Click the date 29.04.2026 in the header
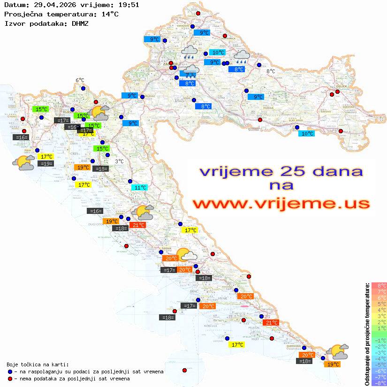tap(50, 5)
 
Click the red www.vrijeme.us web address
tap(281, 204)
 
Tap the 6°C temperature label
tap(80, 80)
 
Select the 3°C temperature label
tap(119, 161)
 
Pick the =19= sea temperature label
tap(46, 164)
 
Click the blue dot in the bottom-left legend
tap(10, 372)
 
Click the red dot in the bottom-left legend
tap(10, 379)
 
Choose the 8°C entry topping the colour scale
tap(379, 285)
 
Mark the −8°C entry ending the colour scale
tap(379, 383)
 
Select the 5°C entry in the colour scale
tap(379, 304)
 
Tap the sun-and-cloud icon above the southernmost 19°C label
tap(337, 351)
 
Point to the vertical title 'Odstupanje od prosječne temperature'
tap(367, 334)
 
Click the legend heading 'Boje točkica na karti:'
tap(38, 364)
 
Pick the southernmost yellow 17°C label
tap(236, 345)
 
